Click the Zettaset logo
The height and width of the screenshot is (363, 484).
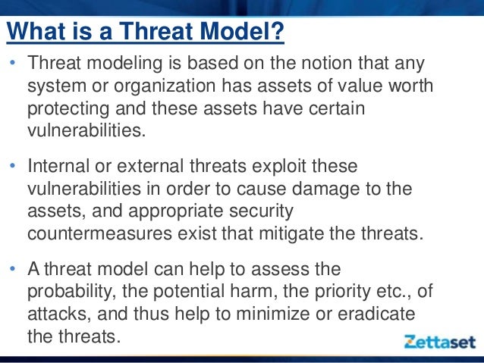pos(440,342)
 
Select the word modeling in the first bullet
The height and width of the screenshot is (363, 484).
pos(124,64)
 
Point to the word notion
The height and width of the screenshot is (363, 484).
pos(326,63)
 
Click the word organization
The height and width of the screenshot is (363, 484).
pos(165,86)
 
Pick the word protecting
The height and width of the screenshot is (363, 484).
pos(68,109)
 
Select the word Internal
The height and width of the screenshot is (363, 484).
pos(58,166)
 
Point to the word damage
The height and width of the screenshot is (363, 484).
pos(325,189)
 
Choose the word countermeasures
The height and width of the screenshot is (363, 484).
pos(99,233)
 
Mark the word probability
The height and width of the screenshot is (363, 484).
pos(72,292)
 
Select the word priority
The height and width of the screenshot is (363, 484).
pos(342,293)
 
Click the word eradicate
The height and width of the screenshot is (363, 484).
pos(376,314)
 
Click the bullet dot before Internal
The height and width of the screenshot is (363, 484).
pos(13,166)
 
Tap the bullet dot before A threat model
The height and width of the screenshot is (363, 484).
pos(13,268)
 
